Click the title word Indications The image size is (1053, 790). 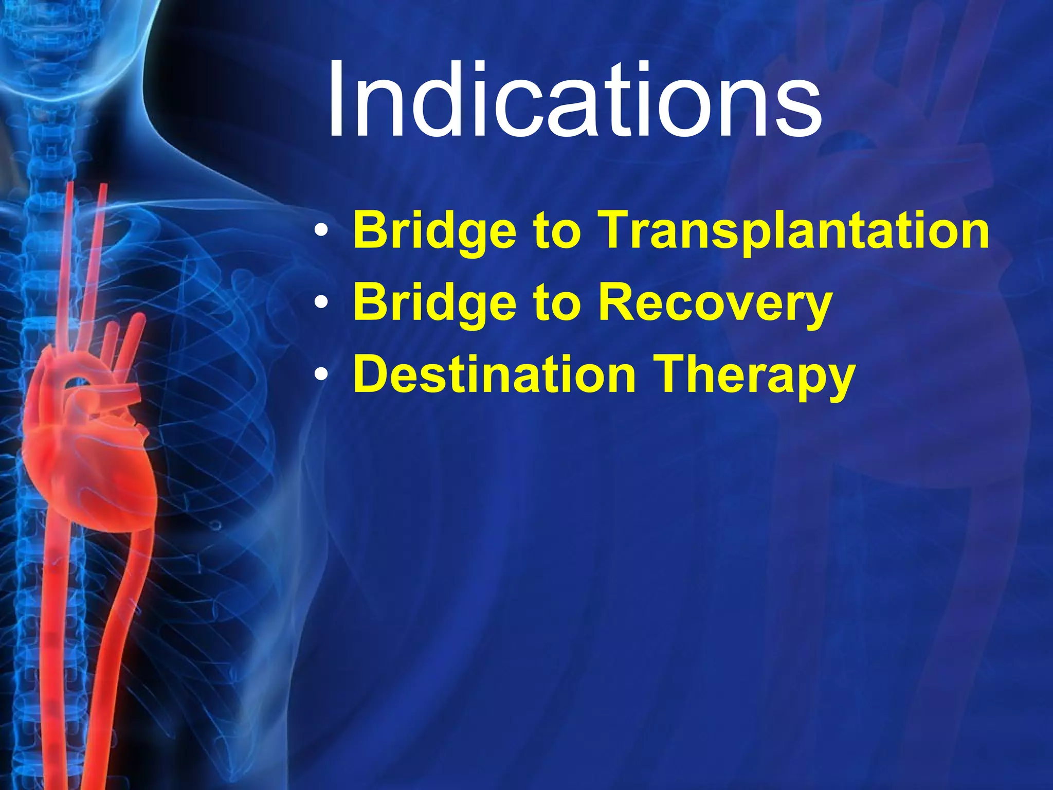[x=573, y=100]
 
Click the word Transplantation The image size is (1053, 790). [x=794, y=230]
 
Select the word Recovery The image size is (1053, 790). [x=715, y=302]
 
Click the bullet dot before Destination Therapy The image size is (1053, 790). [x=321, y=375]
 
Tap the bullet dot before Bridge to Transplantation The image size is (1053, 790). [x=321, y=231]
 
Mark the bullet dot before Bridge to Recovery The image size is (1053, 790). [x=321, y=303]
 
